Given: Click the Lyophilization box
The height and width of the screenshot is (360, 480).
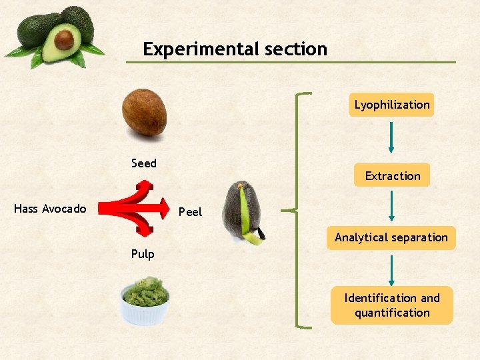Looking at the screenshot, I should point(392,105).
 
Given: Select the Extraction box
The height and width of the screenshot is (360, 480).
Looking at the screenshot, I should point(392,176).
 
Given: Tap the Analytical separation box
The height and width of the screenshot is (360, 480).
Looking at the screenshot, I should point(391,237).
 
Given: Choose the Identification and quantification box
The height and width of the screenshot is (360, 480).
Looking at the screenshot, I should point(392,305).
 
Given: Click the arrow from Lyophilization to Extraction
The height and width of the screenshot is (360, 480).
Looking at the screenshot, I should point(391,139).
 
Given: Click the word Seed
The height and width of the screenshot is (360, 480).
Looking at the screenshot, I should point(144,163).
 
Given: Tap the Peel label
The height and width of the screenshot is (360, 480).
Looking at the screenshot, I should point(190,212).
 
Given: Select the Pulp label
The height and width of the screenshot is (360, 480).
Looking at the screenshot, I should point(143,254).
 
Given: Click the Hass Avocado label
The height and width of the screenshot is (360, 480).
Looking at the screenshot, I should point(50,209).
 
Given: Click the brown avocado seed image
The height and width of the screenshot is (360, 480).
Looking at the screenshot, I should point(145,112).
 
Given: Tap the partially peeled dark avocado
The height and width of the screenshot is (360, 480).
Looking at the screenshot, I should point(241,209).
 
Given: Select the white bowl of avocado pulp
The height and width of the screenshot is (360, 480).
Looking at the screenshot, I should point(145,301).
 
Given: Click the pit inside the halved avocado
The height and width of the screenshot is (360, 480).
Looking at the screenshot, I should point(64,39).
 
